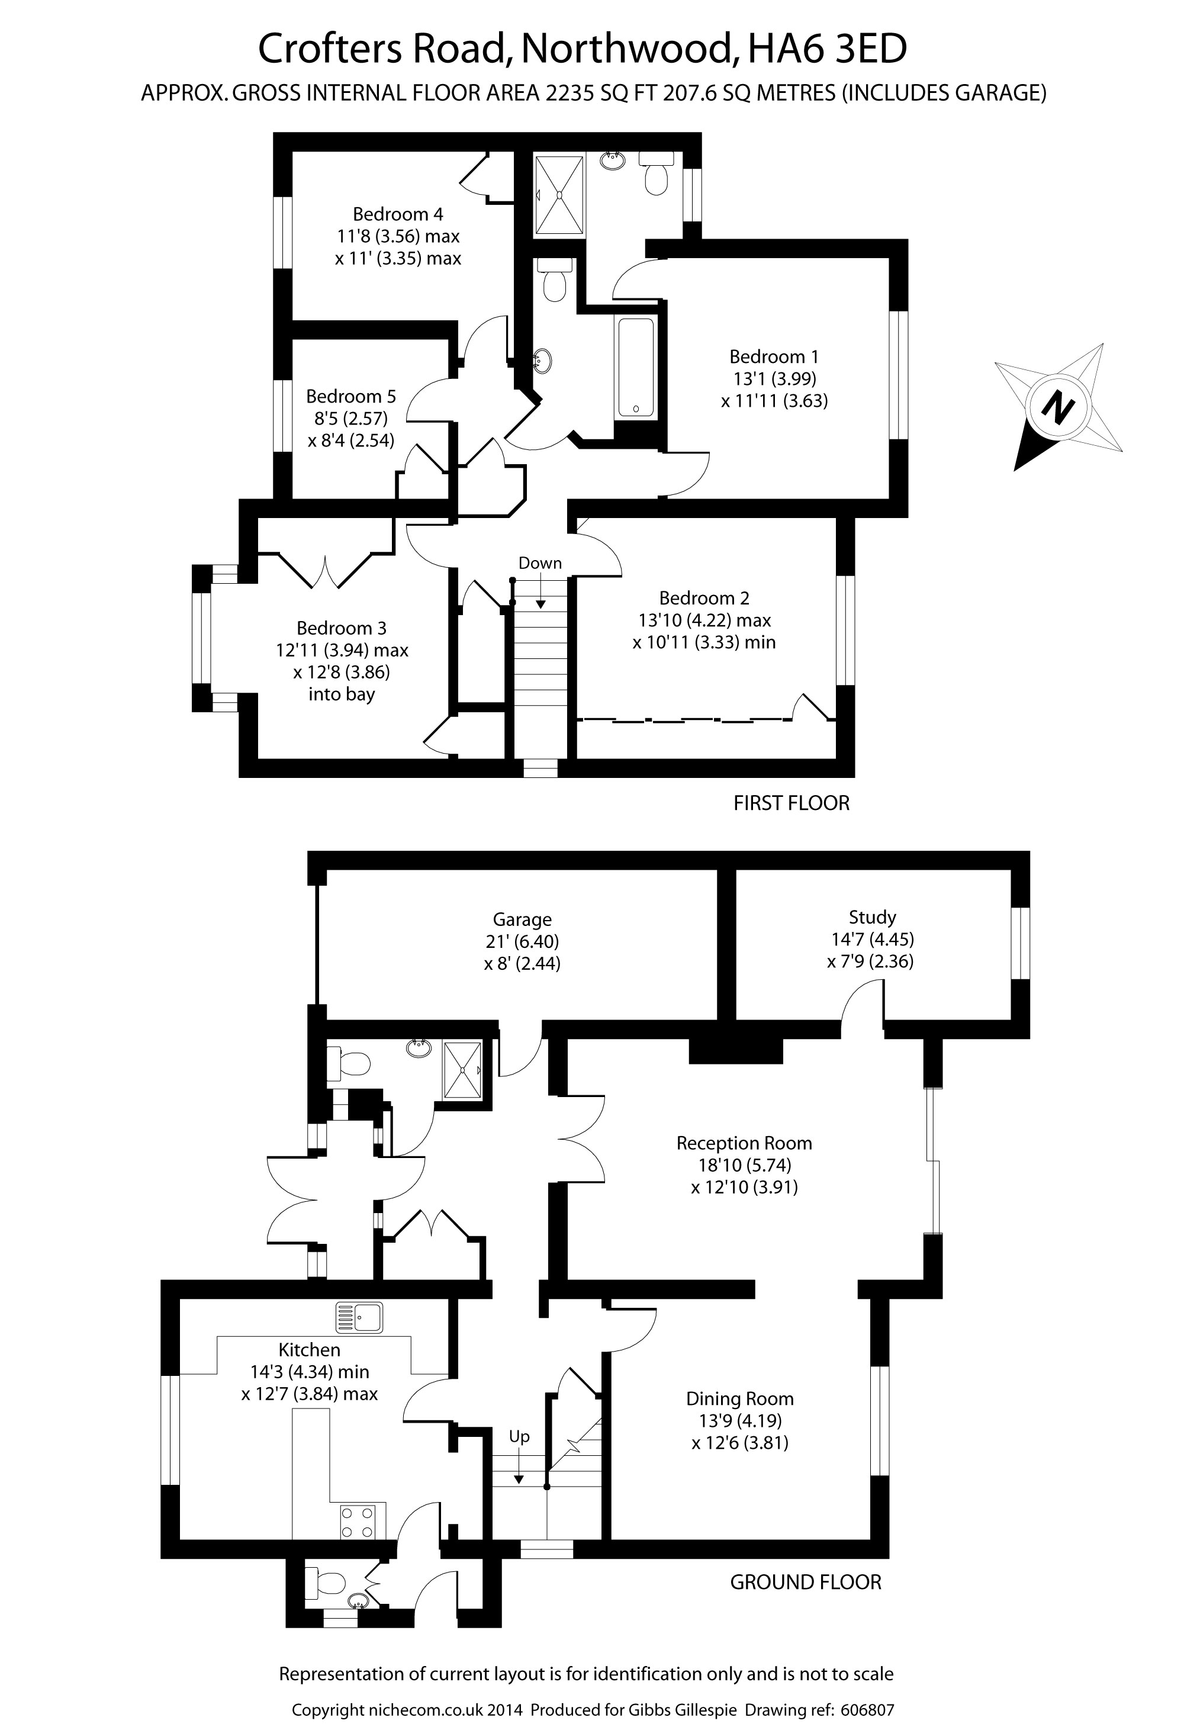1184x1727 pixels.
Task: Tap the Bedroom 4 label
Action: point(398,214)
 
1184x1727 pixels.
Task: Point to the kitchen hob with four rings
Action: point(363,1520)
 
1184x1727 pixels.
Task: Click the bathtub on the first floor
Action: point(635,367)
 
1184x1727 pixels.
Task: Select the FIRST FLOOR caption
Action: point(791,803)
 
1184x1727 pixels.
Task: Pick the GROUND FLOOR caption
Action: point(806,1582)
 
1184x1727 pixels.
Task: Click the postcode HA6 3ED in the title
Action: point(827,49)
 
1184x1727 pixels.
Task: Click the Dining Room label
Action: point(739,1398)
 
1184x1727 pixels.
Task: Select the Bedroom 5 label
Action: point(351,396)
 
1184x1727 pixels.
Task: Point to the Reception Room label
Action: point(744,1143)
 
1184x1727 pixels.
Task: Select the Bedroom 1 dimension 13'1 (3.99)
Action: point(774,378)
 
